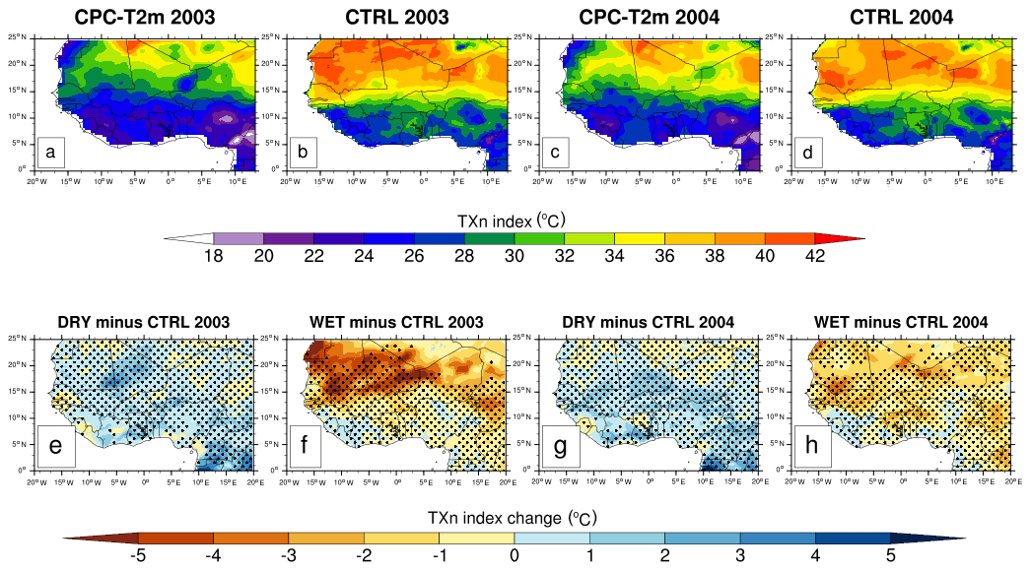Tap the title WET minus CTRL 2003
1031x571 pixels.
[x=397, y=322]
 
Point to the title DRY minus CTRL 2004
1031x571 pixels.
[x=650, y=322]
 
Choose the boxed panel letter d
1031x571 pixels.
[x=809, y=153]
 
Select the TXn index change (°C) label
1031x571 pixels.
[x=513, y=517]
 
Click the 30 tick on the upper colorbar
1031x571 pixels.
[x=515, y=258]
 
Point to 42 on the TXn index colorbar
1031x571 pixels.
[x=815, y=258]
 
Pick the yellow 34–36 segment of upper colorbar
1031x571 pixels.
[x=640, y=238]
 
